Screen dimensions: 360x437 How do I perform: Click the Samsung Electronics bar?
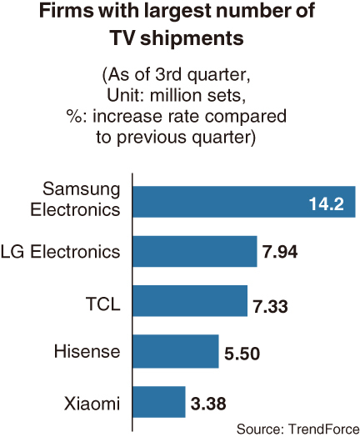[x=244, y=202]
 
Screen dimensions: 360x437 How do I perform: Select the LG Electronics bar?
[x=195, y=251]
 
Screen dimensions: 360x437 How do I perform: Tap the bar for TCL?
[x=190, y=301]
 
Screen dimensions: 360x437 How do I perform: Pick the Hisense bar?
[x=176, y=351]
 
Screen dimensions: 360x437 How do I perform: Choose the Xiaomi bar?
[x=159, y=402]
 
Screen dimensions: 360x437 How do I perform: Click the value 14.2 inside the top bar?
[x=327, y=203]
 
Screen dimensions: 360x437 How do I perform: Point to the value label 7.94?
[x=280, y=252]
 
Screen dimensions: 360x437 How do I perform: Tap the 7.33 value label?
[x=270, y=306]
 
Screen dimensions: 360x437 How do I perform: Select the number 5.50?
[x=242, y=354]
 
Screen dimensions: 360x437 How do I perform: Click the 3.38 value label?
[x=208, y=404]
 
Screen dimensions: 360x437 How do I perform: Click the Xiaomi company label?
[x=92, y=403]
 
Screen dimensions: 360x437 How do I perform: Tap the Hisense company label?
[x=87, y=351]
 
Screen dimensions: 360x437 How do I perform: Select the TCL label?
[x=103, y=304]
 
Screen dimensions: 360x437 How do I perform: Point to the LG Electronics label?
[x=61, y=251]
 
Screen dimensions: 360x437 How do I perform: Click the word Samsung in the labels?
[x=82, y=190]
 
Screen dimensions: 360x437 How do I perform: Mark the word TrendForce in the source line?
[x=324, y=429]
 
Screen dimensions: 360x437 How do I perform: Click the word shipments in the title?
[x=192, y=38]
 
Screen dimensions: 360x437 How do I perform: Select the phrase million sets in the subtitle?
[x=198, y=96]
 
